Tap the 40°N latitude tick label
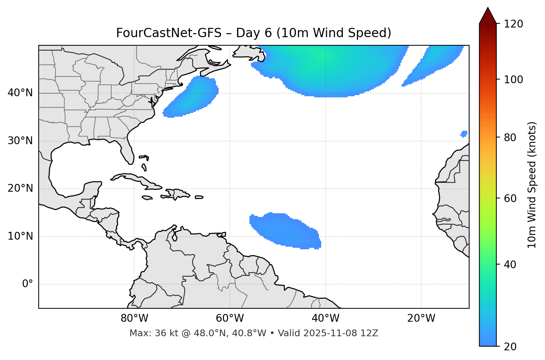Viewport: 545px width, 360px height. tap(20, 93)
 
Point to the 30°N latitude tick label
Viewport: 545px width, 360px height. tap(20, 141)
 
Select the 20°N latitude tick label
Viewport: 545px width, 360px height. tap(20, 188)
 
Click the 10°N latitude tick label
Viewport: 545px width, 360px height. tap(20, 236)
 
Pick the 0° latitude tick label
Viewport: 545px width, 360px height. tap(28, 284)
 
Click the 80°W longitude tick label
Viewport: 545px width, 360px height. tap(134, 318)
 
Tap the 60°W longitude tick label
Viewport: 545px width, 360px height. tap(230, 318)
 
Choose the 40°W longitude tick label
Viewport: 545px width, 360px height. tap(325, 318)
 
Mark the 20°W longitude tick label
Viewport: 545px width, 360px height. tap(421, 318)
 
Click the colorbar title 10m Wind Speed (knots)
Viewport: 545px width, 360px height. tap(532, 185)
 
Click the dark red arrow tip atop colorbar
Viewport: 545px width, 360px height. tap(488, 15)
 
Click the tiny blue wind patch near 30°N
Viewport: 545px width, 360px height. tap(464, 134)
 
